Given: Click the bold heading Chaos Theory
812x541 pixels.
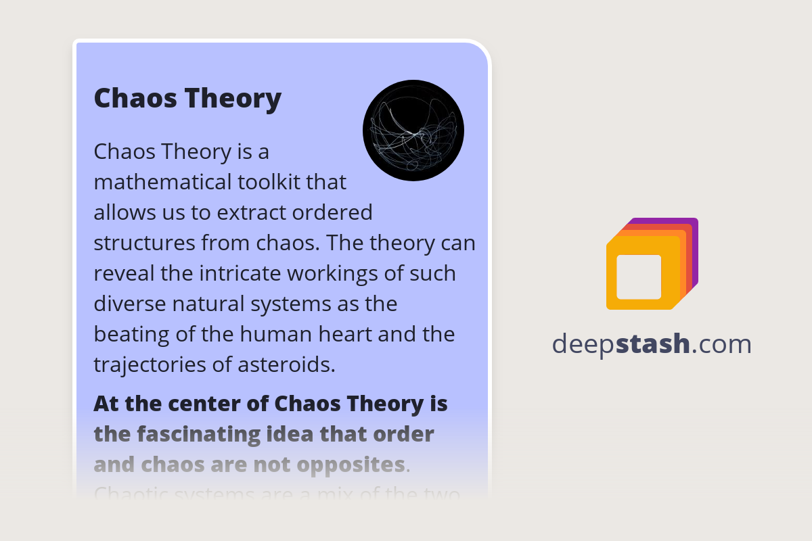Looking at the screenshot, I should click(x=187, y=99).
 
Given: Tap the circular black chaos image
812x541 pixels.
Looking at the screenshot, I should click(x=413, y=131).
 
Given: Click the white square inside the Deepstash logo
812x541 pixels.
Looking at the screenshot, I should click(x=639, y=277).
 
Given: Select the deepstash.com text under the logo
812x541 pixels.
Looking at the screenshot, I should click(x=652, y=344).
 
